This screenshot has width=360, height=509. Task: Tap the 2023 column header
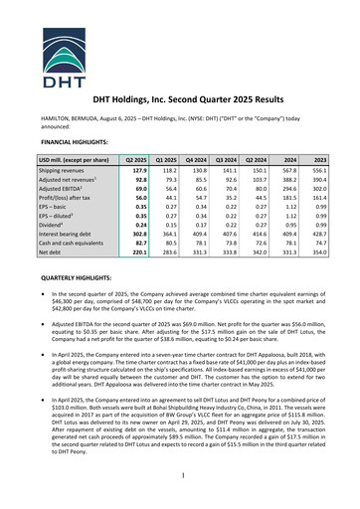[x=319, y=160]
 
